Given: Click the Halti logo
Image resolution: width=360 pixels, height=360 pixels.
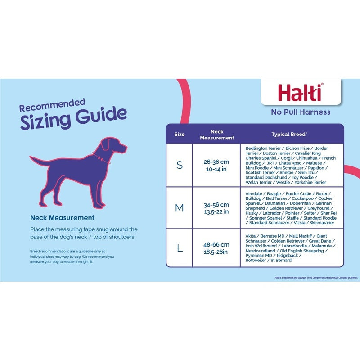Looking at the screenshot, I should click(x=300, y=92).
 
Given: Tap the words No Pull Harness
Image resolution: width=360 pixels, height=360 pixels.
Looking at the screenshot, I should click(x=300, y=112).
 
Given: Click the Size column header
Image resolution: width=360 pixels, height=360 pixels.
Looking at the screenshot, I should click(x=180, y=134).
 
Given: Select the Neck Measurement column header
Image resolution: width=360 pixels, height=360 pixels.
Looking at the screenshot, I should click(x=216, y=135).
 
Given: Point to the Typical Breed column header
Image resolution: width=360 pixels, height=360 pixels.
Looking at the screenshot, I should click(x=289, y=134).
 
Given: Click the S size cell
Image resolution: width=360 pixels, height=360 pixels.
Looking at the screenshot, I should click(x=180, y=165).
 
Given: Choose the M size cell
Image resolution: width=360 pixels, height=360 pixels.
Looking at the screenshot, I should click(x=180, y=208).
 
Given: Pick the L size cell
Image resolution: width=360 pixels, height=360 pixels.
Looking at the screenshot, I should click(x=180, y=247).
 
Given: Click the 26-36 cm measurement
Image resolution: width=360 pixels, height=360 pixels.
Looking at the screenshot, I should click(x=216, y=162).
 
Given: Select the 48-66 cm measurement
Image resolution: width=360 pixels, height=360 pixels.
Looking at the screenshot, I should click(x=216, y=244).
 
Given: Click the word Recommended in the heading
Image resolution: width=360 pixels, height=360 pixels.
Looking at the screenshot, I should click(x=52, y=106).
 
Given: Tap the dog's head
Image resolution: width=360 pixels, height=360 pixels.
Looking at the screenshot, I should click(x=112, y=145).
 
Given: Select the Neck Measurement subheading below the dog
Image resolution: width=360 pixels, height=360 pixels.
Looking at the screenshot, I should click(x=62, y=218).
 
